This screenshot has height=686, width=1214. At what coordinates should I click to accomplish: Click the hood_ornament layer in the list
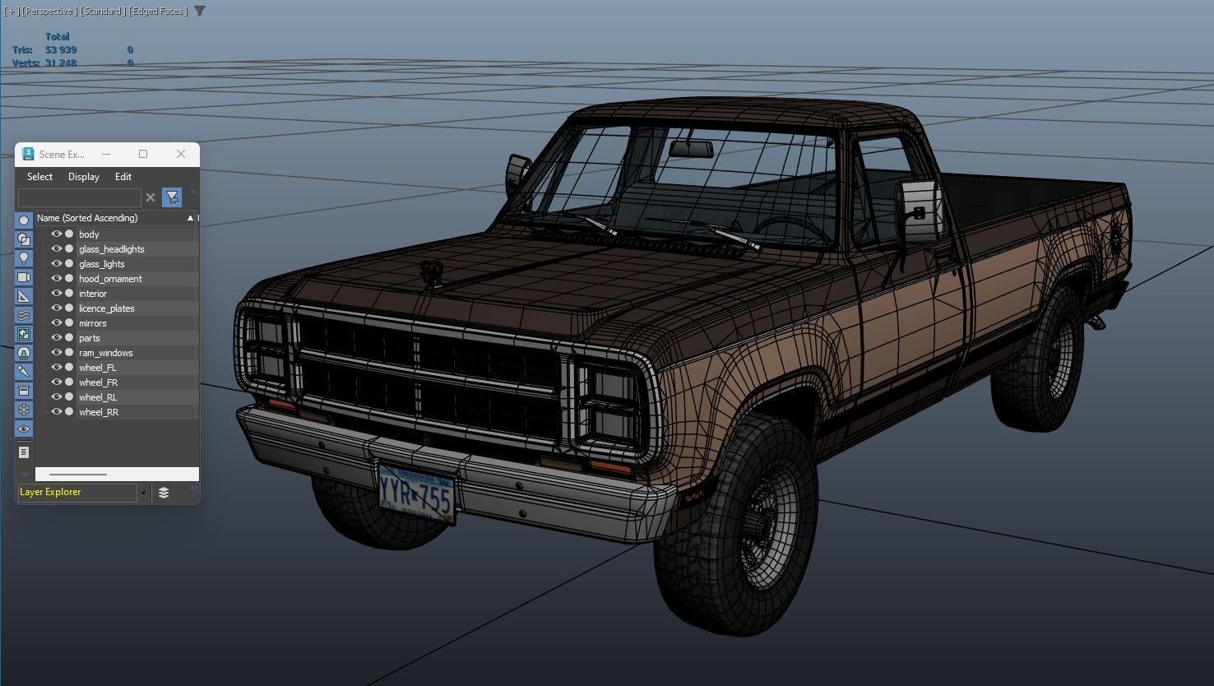110,279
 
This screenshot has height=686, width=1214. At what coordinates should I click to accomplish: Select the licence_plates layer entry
106,308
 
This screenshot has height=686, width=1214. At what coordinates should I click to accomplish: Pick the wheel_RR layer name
99,412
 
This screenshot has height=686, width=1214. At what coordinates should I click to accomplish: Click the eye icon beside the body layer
57,234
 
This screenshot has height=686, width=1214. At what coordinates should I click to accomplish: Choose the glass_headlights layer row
111,249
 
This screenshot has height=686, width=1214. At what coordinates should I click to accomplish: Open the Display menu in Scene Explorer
83,177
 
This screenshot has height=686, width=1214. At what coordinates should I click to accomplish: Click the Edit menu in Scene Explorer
123,177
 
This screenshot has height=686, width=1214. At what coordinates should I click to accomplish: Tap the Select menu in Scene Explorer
39,177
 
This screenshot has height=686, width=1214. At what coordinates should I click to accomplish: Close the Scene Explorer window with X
181,154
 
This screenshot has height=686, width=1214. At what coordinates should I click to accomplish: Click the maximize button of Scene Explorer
143,154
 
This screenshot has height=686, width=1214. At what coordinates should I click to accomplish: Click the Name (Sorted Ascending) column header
87,218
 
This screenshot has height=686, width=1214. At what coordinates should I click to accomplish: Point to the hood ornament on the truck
429,271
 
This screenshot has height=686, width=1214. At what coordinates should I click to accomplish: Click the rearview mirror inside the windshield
690,149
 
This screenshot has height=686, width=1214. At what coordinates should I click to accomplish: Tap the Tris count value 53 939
61,50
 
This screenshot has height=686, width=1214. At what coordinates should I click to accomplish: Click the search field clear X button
150,197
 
